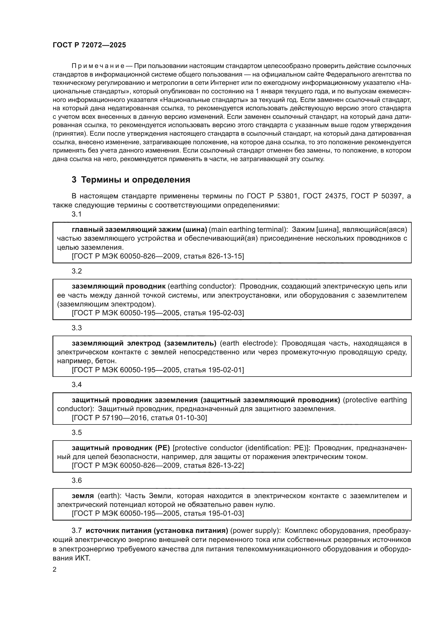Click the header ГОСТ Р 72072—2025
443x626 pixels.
tap(89, 45)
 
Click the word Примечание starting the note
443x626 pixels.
tap(98, 66)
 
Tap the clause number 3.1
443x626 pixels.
tap(77, 214)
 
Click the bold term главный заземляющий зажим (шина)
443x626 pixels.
tap(139, 230)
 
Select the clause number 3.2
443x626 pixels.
tap(77, 271)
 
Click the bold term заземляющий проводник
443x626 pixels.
tap(119, 286)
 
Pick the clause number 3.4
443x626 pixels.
tap(77, 385)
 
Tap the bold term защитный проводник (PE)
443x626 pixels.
tap(121, 448)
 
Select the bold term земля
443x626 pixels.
tap(83, 496)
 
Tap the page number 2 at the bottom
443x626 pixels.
tap(55, 570)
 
